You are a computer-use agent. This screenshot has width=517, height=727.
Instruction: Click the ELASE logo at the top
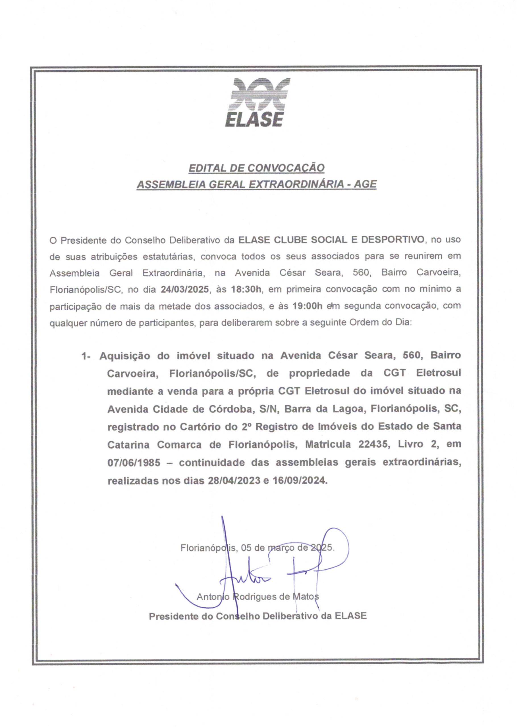click(x=258, y=103)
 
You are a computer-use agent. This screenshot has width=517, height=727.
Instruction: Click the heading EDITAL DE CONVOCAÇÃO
click(x=257, y=168)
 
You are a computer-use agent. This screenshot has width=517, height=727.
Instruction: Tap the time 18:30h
click(x=246, y=289)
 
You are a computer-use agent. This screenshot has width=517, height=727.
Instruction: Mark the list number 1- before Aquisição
click(x=86, y=356)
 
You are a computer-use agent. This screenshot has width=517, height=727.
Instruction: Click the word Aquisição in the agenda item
click(x=124, y=356)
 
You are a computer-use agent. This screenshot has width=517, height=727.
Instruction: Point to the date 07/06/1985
click(x=134, y=462)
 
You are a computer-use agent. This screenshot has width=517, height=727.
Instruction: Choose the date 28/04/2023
click(x=234, y=481)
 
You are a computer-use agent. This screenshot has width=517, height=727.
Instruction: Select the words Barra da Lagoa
click(x=324, y=409)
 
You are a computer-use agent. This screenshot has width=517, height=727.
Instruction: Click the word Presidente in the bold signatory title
click(x=174, y=616)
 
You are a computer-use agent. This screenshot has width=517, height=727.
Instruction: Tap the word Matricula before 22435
click(x=328, y=444)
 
